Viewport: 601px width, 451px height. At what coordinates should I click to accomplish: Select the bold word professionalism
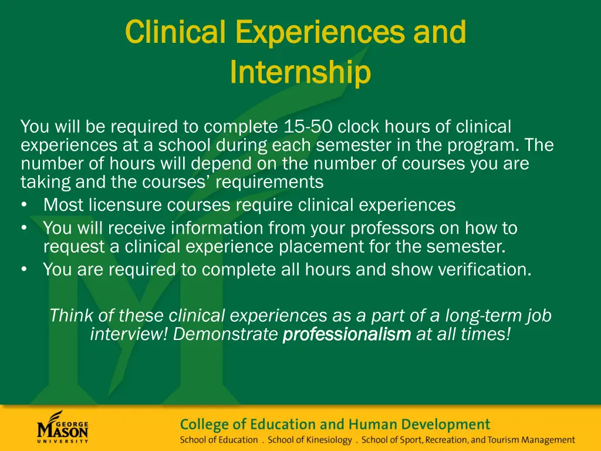[x=347, y=335]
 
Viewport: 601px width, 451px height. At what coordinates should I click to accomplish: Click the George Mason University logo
[x=62, y=427]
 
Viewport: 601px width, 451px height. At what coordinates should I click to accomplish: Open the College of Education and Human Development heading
[x=335, y=424]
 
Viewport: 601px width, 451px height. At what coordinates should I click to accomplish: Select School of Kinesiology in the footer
[x=310, y=440]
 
